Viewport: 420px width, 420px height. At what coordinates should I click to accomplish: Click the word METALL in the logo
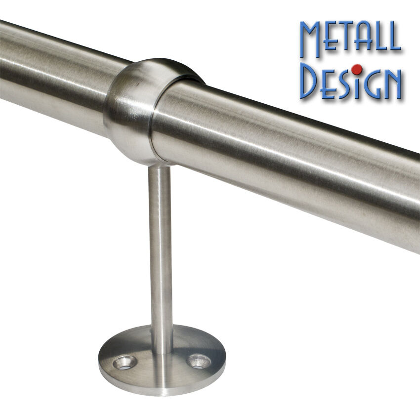click(350, 39)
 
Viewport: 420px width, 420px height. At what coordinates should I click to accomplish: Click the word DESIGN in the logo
click(350, 81)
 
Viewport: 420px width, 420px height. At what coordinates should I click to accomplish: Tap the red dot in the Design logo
click(357, 70)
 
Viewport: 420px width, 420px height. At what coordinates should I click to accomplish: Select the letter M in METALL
click(311, 39)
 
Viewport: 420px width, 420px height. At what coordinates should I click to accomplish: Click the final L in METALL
click(393, 36)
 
